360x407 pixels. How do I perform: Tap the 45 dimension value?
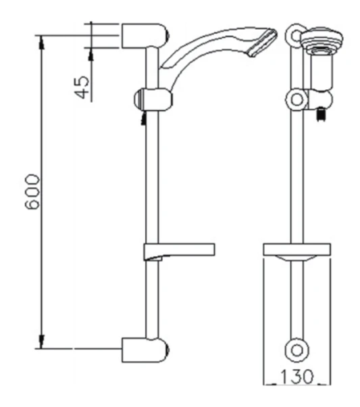(x=82, y=87)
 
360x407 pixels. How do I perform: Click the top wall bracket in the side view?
(x=145, y=34)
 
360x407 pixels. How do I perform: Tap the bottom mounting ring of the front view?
(x=296, y=350)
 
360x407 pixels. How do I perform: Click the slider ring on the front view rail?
(x=295, y=100)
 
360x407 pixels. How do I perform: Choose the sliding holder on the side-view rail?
(x=153, y=99)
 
